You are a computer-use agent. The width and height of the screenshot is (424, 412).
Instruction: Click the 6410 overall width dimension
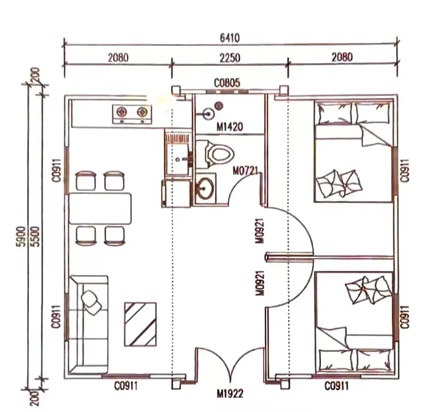click(x=230, y=39)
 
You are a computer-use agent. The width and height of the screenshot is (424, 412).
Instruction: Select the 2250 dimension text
click(x=230, y=57)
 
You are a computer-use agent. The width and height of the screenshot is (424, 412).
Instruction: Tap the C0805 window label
click(x=227, y=83)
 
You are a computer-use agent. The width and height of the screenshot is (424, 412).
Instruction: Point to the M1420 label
click(x=230, y=128)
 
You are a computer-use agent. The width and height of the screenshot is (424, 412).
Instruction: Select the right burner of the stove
click(x=142, y=113)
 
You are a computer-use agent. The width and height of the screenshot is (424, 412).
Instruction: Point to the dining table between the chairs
click(x=101, y=208)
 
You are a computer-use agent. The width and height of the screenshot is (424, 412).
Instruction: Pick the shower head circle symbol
click(x=207, y=114)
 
